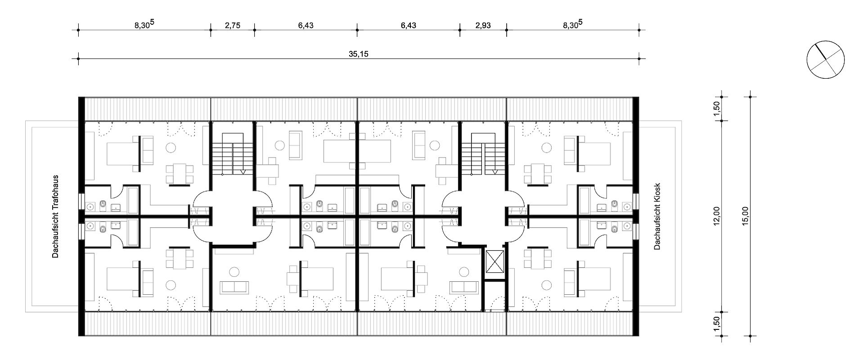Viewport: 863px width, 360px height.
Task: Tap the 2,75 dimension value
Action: click(232, 25)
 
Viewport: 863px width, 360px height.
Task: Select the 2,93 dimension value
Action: click(483, 25)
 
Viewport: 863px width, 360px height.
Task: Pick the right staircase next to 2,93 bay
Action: click(483, 158)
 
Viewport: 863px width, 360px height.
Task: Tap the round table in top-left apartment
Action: click(171, 147)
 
